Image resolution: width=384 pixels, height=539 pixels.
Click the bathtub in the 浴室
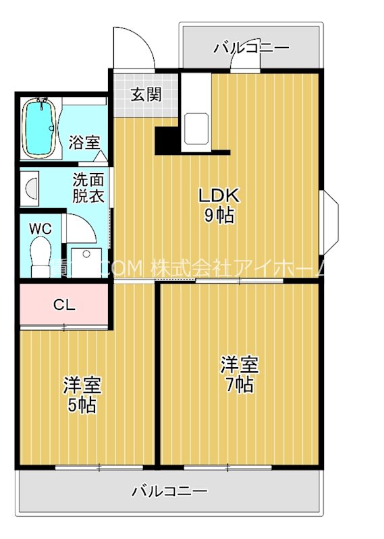click(x=40, y=127)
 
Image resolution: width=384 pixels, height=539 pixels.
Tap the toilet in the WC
click(x=40, y=254)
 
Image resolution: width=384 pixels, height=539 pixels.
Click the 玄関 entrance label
click(x=146, y=94)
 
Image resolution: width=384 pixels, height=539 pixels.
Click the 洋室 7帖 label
click(x=240, y=375)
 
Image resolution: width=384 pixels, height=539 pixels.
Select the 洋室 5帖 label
click(x=82, y=395)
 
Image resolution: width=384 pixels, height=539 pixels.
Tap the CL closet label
click(x=64, y=305)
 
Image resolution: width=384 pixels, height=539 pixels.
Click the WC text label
click(x=40, y=228)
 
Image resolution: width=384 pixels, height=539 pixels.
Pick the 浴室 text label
click(x=84, y=143)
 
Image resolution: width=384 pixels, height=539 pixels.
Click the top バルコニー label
click(x=251, y=48)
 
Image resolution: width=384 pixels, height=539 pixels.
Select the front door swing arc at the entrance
click(x=132, y=47)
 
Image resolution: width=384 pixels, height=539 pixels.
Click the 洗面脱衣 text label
click(x=88, y=189)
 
